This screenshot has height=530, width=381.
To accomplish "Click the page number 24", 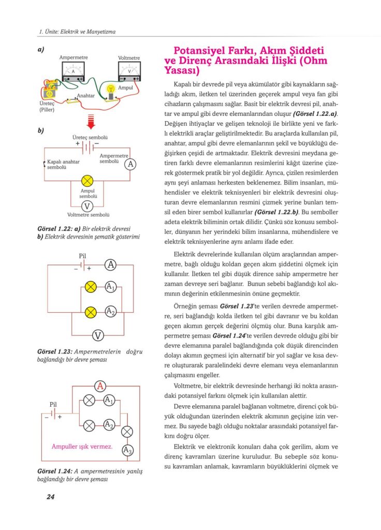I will point(50,497).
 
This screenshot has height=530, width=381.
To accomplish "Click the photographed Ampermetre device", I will point(73,70).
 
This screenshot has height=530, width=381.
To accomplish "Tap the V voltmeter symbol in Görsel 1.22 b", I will point(87,206).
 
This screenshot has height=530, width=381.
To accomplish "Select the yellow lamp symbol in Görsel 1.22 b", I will point(87,181).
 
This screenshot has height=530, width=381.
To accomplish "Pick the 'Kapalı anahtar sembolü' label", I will point(61,164).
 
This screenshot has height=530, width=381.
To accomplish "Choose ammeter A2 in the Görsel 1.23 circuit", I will point(110,312).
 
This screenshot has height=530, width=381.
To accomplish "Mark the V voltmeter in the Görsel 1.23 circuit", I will point(97,336).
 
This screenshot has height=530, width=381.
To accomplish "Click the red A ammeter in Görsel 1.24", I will point(101,386).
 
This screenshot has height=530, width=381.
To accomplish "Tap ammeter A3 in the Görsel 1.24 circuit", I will point(127,450).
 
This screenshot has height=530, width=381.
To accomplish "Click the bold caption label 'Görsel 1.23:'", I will point(55,352).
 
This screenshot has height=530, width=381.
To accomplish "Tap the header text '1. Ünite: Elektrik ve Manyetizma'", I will point(77,32).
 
